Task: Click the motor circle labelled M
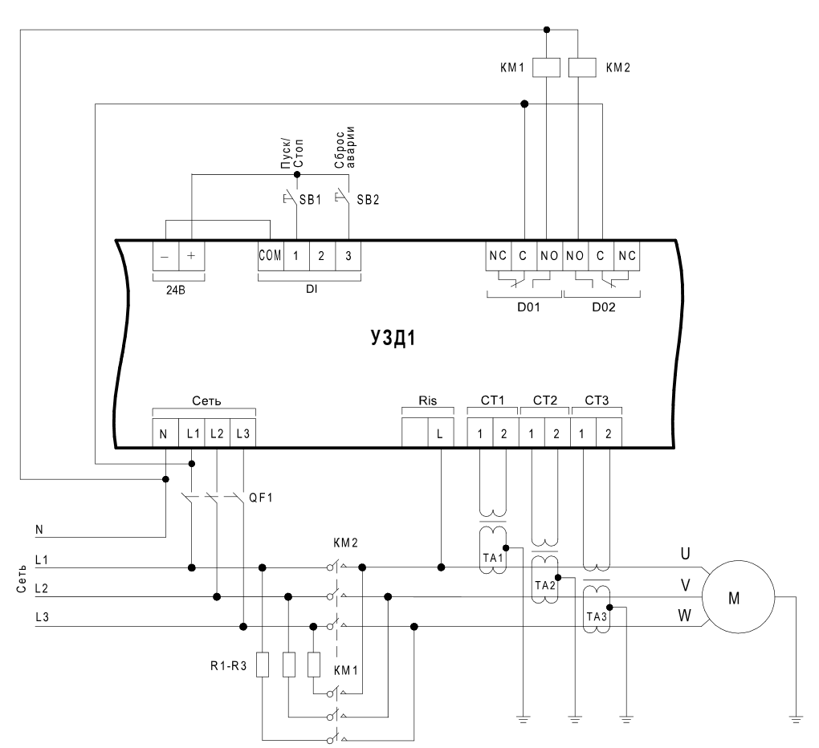click(738, 596)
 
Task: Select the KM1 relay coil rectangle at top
click(546, 68)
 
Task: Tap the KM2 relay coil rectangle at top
click(582, 68)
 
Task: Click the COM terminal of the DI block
click(270, 256)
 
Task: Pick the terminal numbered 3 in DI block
click(348, 256)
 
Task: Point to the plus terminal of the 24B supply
click(191, 256)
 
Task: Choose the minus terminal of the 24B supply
click(165, 256)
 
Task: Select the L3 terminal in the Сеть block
click(242, 433)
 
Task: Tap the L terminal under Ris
click(440, 433)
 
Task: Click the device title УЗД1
click(393, 338)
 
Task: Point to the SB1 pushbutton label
click(310, 199)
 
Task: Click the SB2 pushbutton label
click(368, 199)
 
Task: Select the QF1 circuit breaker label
click(261, 498)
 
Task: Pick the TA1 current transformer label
click(492, 558)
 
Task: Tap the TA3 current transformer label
click(597, 616)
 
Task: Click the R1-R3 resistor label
click(228, 666)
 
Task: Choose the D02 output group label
click(603, 307)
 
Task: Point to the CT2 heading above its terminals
click(544, 400)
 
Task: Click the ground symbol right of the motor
click(796, 719)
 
